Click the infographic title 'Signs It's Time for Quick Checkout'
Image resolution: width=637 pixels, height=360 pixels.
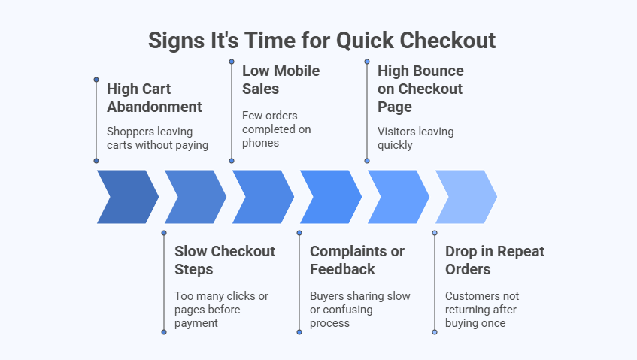pos(322,40)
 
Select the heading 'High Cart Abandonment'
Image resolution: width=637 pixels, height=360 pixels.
pos(154,98)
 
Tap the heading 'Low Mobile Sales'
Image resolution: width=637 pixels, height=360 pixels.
pos(281,80)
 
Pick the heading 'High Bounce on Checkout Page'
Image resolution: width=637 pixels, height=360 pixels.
pos(420,89)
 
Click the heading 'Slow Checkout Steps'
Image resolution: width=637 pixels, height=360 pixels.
pos(225,260)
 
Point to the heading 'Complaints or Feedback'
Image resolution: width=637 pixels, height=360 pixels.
pos(357,260)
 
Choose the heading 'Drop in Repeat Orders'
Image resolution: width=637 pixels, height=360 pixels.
pos(494,260)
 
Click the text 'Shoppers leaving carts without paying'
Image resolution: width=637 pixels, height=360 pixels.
pos(157,138)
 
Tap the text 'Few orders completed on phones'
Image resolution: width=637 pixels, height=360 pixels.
pos(276,129)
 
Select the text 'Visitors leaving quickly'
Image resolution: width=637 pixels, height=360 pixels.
pos(415,138)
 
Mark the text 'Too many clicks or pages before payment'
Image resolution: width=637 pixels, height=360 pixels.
pos(221,309)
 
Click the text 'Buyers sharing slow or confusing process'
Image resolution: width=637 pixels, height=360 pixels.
pos(359,309)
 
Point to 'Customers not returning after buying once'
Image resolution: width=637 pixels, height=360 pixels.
pos(481,309)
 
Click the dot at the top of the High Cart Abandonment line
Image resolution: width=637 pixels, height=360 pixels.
pos(96,79)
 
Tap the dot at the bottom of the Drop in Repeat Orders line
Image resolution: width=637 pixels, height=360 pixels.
pos(435,331)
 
